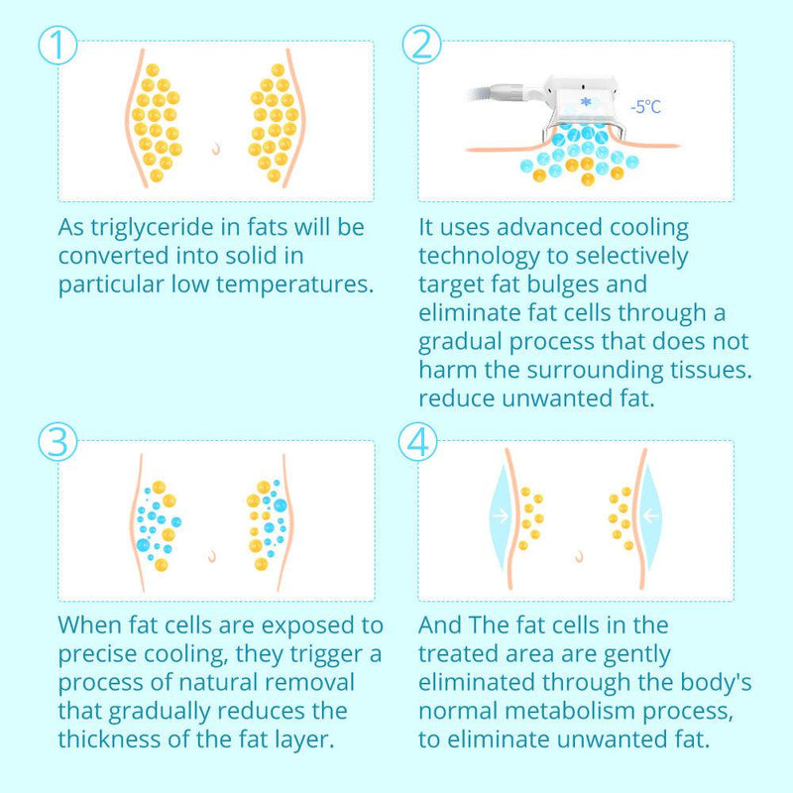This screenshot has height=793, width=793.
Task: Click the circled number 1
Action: (57, 45)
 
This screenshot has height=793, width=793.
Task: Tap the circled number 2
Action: (422, 45)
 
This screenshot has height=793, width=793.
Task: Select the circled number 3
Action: (57, 441)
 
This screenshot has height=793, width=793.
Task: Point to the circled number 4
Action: (417, 441)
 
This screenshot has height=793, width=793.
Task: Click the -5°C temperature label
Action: (646, 107)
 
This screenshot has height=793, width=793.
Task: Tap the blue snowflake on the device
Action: (586, 102)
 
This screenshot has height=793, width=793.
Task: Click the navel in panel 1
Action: (216, 148)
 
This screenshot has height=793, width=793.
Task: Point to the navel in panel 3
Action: (212, 556)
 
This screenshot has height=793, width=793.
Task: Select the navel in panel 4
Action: (580, 556)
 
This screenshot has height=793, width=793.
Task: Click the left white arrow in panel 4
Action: (501, 515)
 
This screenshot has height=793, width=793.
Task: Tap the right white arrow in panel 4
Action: (650, 515)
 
